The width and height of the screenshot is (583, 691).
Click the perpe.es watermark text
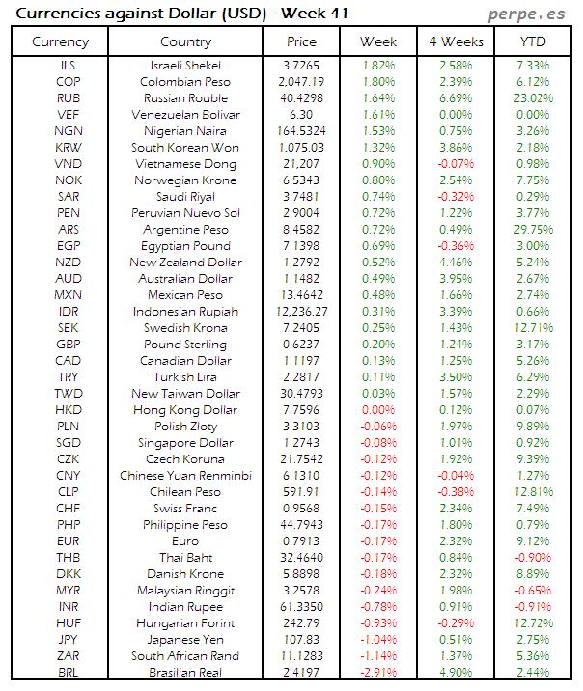coord(528,14)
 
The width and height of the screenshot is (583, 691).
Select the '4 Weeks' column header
coord(455,41)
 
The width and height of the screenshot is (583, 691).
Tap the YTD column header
coord(532,41)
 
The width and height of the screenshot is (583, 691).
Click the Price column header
coord(301,41)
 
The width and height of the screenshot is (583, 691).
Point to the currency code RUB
coord(68,98)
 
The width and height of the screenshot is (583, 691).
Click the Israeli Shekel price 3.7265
coord(301,66)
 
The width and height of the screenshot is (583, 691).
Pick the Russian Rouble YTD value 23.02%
coord(532,98)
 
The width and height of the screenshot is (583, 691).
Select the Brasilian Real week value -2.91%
coord(377,673)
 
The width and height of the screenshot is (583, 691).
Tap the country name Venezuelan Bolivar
coord(185,115)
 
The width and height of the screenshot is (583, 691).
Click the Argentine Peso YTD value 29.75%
coord(532,230)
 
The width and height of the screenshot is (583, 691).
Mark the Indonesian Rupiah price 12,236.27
coord(301,312)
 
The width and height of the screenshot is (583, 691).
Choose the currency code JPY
coord(68,640)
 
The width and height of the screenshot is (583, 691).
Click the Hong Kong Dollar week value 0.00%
coord(377,410)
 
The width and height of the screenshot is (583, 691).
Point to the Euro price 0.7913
coord(301,541)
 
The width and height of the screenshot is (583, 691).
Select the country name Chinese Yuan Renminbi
coord(185,476)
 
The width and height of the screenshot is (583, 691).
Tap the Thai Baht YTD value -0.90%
coord(532,558)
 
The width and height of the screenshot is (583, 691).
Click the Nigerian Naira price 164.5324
coord(301,131)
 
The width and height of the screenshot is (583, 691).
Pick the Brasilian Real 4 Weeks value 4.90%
coord(455,673)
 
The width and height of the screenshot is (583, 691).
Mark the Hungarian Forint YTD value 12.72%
coord(532,623)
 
